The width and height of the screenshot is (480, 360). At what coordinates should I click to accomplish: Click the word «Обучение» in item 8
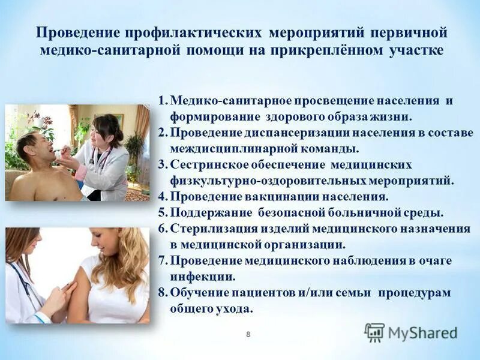tap(196, 293)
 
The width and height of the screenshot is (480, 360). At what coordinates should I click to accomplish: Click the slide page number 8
tap(248, 334)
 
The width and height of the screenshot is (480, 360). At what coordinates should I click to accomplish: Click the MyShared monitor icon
tap(374, 332)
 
